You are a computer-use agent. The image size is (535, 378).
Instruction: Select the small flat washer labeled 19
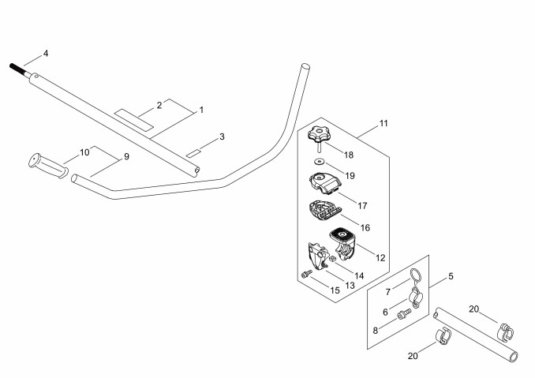[x=320, y=161]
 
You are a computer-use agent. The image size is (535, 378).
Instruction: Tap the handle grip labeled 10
[x=48, y=166]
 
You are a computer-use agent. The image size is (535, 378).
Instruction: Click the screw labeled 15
[x=306, y=273]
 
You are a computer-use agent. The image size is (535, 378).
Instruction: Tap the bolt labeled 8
[x=404, y=315]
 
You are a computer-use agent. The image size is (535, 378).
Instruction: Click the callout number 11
[x=383, y=123]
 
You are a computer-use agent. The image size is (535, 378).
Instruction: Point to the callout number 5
[x=451, y=276]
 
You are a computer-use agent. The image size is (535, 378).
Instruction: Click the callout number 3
[x=222, y=137]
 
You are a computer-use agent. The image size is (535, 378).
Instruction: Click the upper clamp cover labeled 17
[x=325, y=182]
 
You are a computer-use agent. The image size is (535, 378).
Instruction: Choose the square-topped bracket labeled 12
[x=342, y=244]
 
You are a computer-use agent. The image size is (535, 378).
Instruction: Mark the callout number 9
[x=126, y=156]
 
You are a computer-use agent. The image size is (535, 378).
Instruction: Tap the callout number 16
[x=365, y=227]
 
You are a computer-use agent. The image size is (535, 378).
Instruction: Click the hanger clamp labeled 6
[x=416, y=297]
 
